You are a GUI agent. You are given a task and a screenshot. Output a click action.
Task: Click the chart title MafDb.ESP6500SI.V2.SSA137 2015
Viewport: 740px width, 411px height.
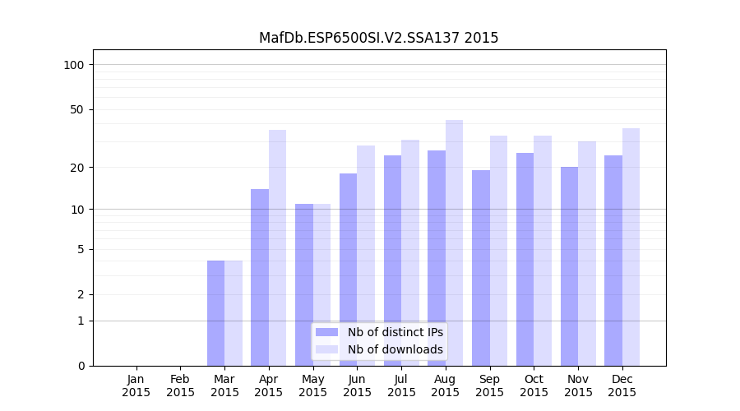tap(378, 38)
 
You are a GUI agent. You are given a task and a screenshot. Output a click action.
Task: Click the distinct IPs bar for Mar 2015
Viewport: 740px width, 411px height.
tap(215, 312)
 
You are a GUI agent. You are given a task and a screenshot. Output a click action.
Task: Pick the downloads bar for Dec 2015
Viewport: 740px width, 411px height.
tap(631, 247)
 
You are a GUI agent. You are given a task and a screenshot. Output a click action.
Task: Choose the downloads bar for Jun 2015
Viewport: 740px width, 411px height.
tap(366, 255)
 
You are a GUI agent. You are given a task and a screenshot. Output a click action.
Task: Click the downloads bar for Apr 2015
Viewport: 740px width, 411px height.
tap(277, 247)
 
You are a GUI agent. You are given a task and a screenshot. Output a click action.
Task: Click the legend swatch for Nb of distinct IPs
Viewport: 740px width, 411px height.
tap(326, 332)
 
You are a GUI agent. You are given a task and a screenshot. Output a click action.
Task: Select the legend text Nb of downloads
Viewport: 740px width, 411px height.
tap(395, 349)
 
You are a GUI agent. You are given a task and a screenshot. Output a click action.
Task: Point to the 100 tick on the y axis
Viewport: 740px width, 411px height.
tap(74, 65)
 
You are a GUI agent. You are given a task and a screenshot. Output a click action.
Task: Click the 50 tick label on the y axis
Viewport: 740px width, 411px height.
tap(76, 109)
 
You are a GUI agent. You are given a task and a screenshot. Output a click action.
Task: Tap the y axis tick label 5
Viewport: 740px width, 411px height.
tap(81, 249)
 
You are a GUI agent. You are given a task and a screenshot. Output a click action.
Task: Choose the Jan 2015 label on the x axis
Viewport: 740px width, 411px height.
tap(136, 386)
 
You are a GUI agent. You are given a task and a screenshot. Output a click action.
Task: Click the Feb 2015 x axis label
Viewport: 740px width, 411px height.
tap(181, 386)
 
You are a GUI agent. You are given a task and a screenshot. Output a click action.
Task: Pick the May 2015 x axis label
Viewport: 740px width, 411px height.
tap(313, 386)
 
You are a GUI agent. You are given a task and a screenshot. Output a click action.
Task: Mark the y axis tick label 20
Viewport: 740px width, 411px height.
tap(76, 168)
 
